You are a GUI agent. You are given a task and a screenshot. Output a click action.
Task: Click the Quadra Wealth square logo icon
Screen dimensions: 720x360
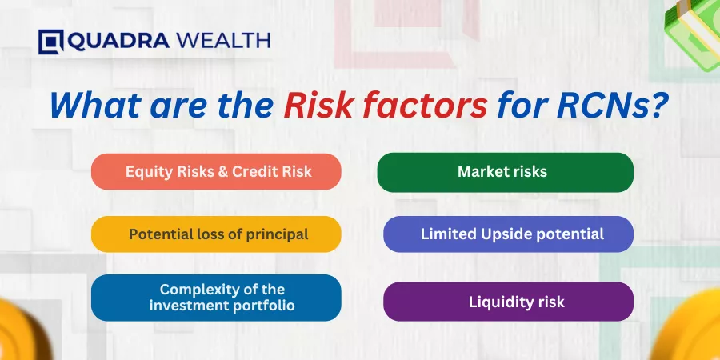(x=51, y=42)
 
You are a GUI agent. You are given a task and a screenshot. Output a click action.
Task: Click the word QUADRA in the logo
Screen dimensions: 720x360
(x=118, y=42)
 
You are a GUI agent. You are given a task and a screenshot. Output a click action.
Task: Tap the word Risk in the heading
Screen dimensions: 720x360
(x=318, y=105)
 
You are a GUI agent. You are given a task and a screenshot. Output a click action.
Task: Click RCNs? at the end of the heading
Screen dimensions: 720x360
(x=612, y=105)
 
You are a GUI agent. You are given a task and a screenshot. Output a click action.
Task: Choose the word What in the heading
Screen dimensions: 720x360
(x=95, y=105)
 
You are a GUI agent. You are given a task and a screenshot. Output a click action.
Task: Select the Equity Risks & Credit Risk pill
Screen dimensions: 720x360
(x=216, y=172)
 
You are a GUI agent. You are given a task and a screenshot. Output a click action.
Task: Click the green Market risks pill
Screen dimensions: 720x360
(x=505, y=172)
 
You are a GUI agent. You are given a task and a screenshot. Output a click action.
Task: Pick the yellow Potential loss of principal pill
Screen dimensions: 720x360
(x=216, y=234)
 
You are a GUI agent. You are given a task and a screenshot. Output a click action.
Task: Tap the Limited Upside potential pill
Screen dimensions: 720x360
(x=508, y=234)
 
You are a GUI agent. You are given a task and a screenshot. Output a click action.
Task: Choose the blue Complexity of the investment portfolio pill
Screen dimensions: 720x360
(x=216, y=298)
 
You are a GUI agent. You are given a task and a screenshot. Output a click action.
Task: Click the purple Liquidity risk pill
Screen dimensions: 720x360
(x=508, y=302)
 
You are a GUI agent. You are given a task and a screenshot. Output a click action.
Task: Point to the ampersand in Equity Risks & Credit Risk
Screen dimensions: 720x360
(x=225, y=172)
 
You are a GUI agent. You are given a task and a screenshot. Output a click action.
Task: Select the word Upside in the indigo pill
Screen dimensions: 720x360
(x=502, y=234)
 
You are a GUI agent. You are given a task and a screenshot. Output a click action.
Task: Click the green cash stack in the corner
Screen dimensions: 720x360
(x=694, y=32)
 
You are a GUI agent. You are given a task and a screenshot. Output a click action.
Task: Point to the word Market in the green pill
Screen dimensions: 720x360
(x=482, y=172)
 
